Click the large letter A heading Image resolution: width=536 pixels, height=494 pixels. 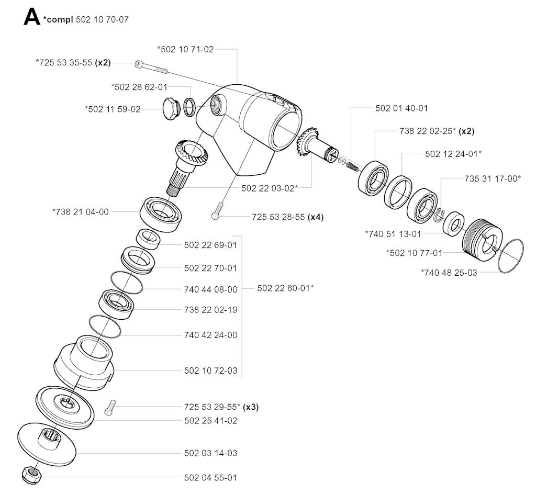32,17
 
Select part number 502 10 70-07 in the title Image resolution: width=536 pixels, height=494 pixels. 102,19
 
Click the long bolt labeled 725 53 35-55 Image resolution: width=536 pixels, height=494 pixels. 151,67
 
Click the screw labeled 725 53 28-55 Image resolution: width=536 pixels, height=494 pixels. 217,211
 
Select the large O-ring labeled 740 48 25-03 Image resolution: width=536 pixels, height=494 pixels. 511,256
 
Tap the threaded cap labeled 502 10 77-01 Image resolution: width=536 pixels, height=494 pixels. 482,240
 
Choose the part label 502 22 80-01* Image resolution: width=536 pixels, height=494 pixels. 285,288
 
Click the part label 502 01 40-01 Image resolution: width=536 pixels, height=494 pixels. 401,108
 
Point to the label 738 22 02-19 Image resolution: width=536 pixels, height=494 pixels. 210,310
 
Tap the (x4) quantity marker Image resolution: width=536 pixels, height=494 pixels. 315,217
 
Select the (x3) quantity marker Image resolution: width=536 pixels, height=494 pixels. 251,407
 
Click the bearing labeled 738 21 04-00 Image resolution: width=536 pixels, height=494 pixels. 161,215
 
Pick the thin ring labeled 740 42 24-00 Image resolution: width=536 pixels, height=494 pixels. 105,326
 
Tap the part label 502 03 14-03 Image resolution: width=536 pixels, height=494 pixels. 210,453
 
